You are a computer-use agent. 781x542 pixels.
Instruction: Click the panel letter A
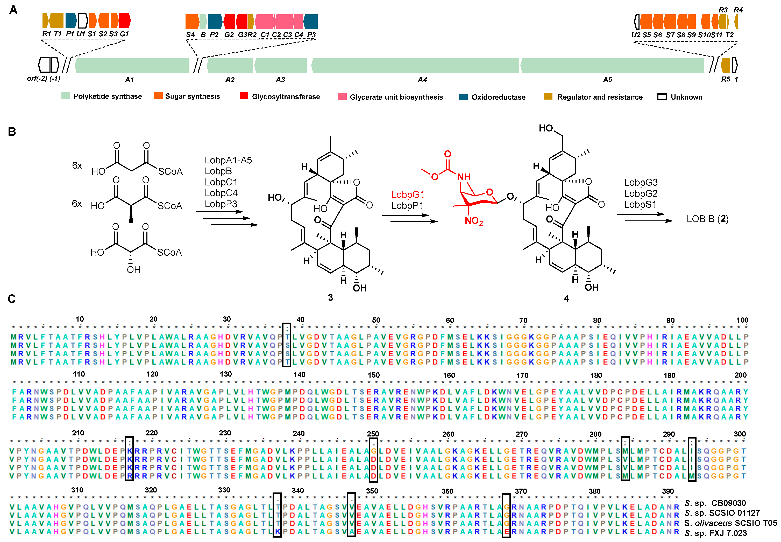[13, 10]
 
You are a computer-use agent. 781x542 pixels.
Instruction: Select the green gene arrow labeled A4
[415, 66]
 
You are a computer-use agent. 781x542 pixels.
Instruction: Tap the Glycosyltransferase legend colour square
[244, 96]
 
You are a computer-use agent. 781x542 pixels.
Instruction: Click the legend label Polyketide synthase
[108, 96]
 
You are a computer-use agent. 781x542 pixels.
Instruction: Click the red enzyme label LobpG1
[407, 194]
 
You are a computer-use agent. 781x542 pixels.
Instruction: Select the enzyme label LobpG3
[641, 182]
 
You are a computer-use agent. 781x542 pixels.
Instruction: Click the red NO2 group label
[474, 221]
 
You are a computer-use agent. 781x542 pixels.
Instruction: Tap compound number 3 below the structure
[330, 297]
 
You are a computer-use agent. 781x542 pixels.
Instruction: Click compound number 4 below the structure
[566, 298]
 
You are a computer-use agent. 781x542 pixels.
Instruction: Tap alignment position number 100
[742, 320]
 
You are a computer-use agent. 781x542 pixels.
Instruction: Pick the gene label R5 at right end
[725, 79]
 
